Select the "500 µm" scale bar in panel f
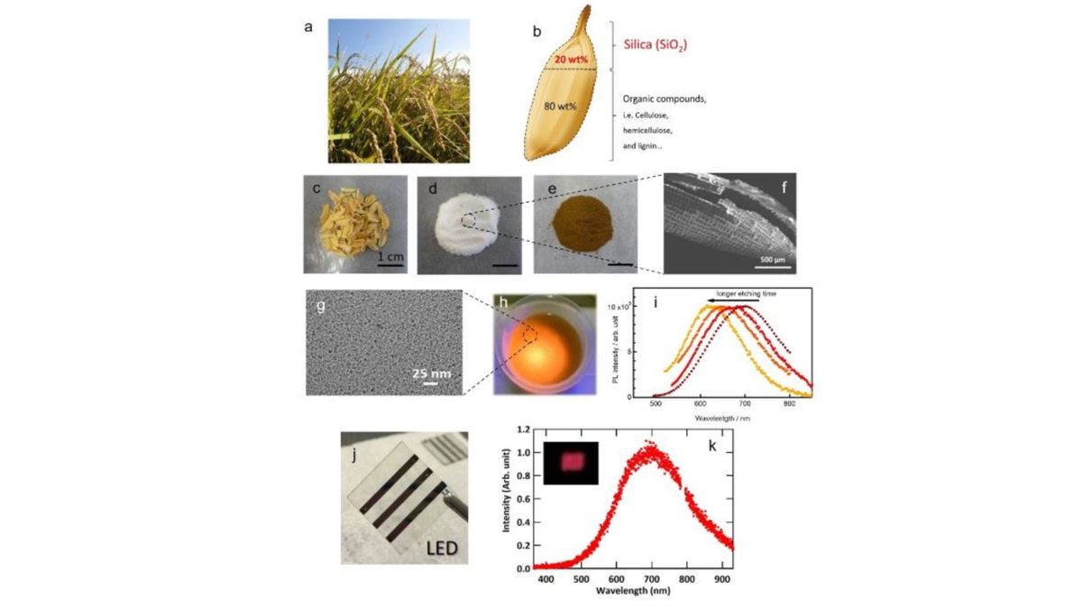tap(774, 258)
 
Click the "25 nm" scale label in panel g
tap(428, 372)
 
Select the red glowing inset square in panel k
tap(570, 461)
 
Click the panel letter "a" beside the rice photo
tap(308, 26)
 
